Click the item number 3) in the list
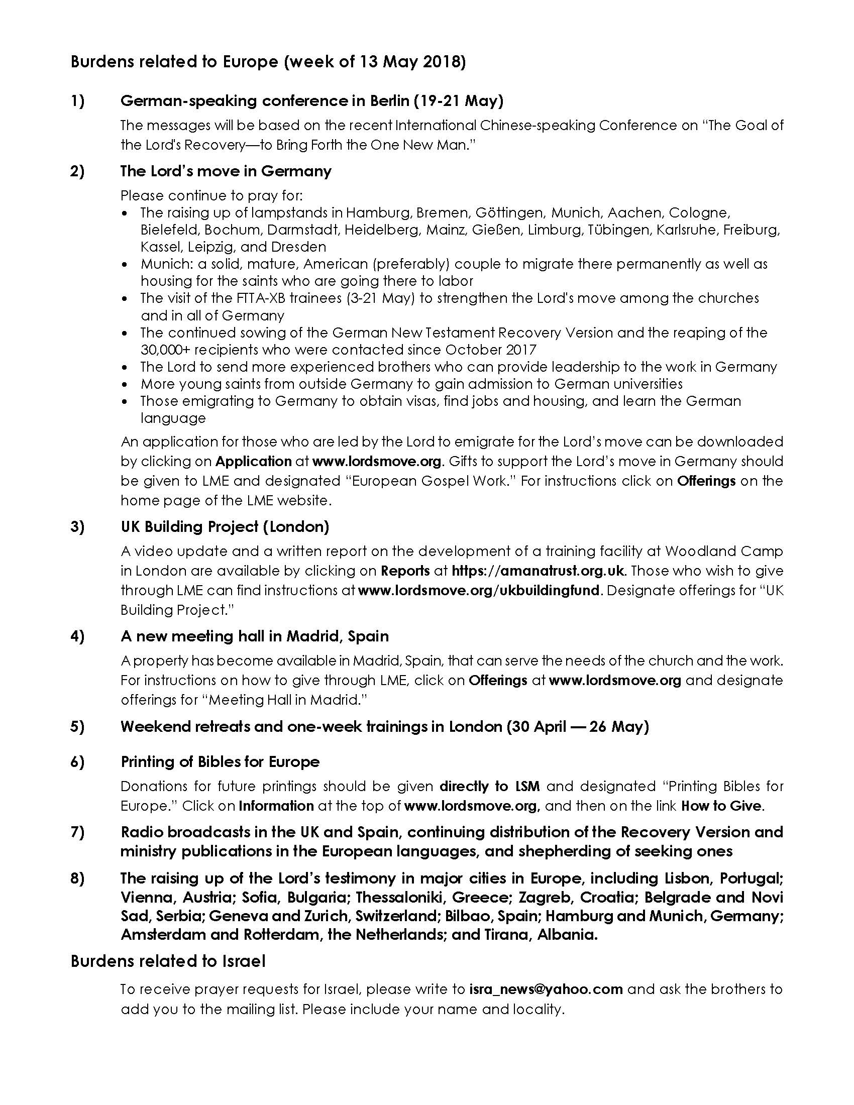(x=77, y=527)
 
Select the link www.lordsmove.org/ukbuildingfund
(x=479, y=591)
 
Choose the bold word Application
(x=254, y=462)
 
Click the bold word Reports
(x=405, y=571)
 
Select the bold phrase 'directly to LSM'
(x=490, y=786)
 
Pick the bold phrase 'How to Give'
(x=721, y=806)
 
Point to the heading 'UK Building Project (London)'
(x=225, y=527)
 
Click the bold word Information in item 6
(x=276, y=806)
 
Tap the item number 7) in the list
(x=77, y=832)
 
